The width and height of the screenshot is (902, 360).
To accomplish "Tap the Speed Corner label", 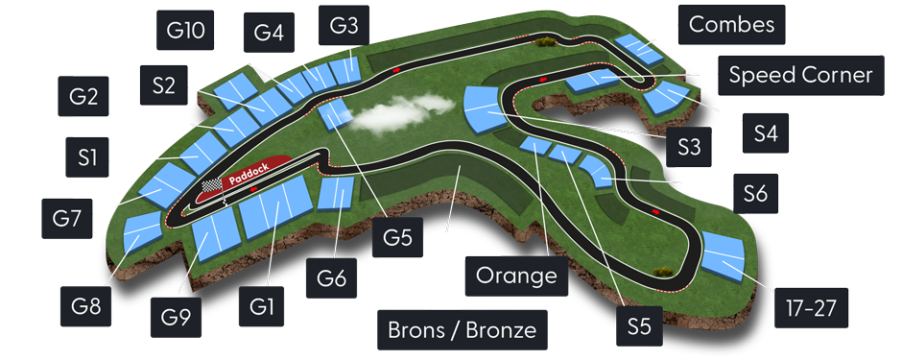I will (x=799, y=74).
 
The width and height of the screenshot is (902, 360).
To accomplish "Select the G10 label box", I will (x=185, y=31).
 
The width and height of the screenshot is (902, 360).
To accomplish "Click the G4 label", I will (x=269, y=34).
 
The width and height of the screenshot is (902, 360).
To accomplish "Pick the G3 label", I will (x=343, y=25).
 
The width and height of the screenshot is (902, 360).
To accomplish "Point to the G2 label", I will (x=83, y=97).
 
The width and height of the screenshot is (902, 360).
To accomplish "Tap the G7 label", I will (x=66, y=218).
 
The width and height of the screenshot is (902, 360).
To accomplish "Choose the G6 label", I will (x=332, y=280).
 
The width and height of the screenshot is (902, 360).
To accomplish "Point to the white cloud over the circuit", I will (x=388, y=116).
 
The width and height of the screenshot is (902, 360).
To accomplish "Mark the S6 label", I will (x=755, y=195).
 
